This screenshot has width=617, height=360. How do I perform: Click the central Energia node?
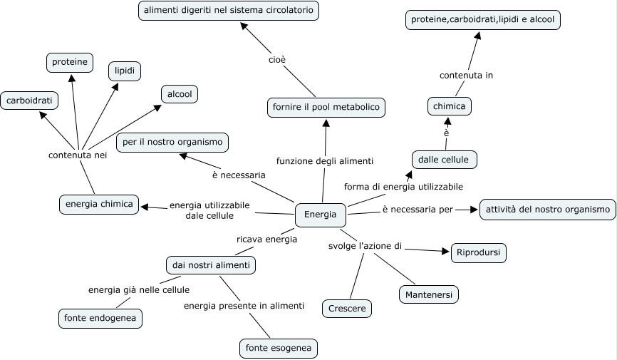click(x=321, y=215)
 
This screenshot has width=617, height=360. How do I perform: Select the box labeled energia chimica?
click(x=99, y=205)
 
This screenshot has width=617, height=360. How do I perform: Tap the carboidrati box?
click(x=29, y=101)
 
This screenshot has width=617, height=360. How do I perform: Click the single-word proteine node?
click(x=70, y=63)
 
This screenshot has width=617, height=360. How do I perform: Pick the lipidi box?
click(x=125, y=71)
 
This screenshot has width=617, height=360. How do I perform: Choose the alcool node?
click(x=180, y=94)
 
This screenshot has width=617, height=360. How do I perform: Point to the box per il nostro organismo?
click(x=172, y=143)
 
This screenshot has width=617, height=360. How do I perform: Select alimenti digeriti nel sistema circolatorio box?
click(x=229, y=11)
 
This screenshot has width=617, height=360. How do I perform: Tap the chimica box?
click(x=450, y=107)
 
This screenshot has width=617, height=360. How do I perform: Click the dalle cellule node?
click(x=444, y=160)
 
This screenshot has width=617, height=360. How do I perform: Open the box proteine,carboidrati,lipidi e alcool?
click(x=484, y=20)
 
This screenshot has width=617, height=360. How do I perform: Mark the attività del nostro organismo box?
click(x=547, y=210)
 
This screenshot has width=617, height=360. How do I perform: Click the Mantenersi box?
click(x=428, y=294)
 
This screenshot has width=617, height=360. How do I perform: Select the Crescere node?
click(x=347, y=309)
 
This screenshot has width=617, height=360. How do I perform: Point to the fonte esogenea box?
click(x=278, y=349)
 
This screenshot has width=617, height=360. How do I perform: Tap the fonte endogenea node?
click(x=100, y=319)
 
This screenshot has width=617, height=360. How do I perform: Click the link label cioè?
click(x=277, y=60)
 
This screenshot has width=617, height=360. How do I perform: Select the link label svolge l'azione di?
click(x=365, y=247)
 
